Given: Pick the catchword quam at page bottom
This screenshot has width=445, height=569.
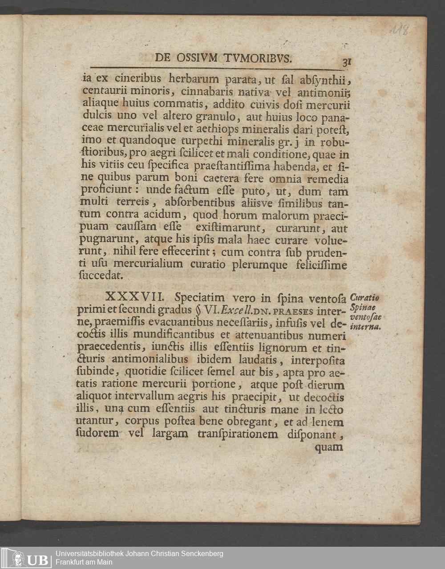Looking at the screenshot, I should tap(328, 447).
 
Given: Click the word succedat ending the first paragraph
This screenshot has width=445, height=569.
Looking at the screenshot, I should tap(98, 276).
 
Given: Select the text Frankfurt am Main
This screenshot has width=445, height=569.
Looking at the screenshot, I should tap(84, 562).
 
